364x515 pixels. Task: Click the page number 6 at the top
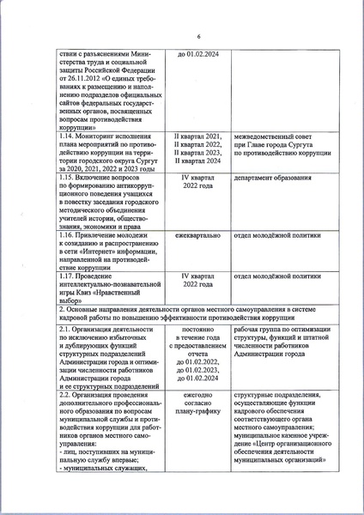tap(197, 36)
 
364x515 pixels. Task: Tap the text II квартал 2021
tap(198, 136)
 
